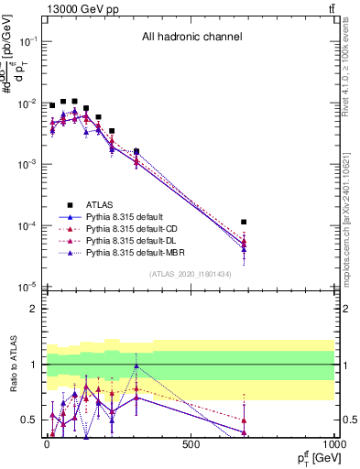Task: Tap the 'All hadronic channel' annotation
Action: pyautogui.click(x=191, y=38)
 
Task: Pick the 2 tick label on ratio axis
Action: pyautogui.click(x=33, y=309)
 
